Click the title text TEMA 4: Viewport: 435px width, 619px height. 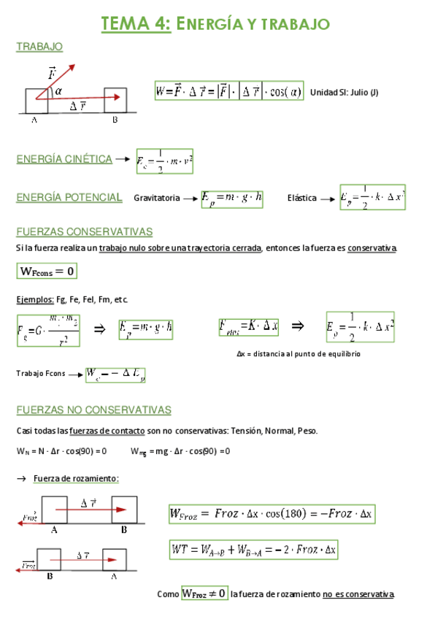(136, 24)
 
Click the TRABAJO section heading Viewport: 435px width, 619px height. (39, 47)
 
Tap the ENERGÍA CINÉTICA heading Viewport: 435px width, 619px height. (64, 159)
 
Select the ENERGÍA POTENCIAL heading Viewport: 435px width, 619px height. (69, 197)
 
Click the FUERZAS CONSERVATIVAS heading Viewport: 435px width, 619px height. (84, 232)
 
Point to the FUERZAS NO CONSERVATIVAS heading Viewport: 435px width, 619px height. (93, 410)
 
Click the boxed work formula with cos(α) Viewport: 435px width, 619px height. (229, 91)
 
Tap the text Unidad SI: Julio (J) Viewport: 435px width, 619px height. (344, 92)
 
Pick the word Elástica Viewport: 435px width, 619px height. (301, 198)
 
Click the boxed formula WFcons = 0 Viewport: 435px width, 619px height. (47, 272)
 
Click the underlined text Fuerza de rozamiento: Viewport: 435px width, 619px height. (76, 478)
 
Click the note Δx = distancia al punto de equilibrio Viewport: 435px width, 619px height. (298, 353)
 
